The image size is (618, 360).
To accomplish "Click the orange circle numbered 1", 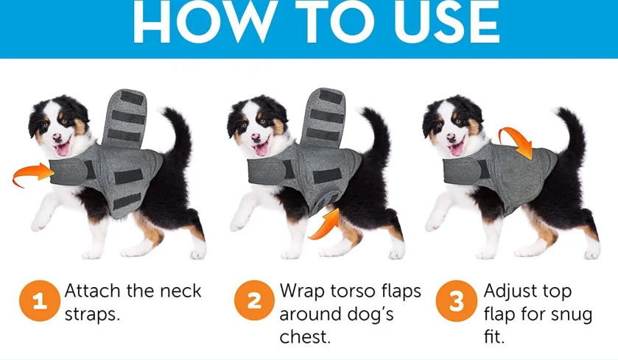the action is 40,301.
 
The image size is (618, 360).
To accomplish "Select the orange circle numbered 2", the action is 254,300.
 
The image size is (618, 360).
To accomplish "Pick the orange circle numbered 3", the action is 457,300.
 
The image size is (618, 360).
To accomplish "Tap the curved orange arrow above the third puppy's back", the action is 516,140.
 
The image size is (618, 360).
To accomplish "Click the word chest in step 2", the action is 305,337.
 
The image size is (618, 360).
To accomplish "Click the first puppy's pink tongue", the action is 62,149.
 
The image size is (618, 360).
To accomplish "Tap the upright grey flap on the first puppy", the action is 124,119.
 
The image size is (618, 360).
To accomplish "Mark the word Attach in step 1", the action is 93,292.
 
